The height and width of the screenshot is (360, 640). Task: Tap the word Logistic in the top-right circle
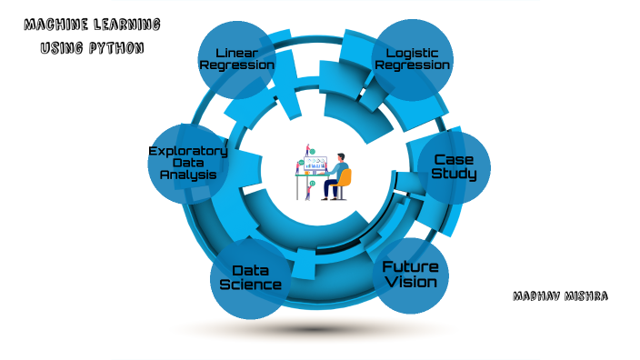point(413,52)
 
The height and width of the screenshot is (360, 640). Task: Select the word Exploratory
point(187,150)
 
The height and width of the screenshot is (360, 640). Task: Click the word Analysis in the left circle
point(188,174)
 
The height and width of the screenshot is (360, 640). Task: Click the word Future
point(410,267)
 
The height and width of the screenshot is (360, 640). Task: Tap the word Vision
point(410,282)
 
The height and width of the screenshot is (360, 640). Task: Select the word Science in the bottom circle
point(251,285)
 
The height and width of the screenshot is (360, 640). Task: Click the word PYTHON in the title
point(115,47)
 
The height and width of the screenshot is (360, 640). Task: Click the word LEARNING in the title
point(129,25)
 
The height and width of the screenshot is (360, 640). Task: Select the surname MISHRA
point(588,296)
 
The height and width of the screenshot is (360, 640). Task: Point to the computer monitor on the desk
point(315,165)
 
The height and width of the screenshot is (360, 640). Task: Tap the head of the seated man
point(341,156)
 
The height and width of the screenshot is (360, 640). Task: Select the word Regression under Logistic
point(413,65)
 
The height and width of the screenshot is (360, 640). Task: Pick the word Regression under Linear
point(238,65)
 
